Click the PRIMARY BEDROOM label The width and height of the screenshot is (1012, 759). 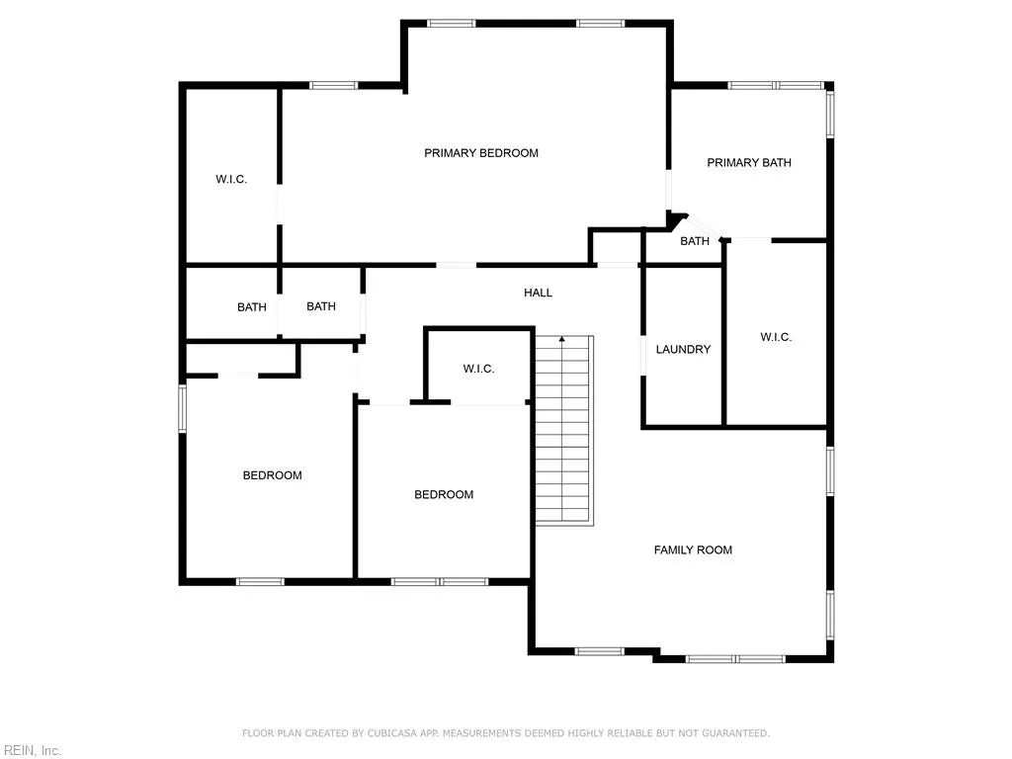point(481,153)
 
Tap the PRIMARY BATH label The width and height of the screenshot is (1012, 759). point(749,163)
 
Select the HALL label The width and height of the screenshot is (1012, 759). point(538,294)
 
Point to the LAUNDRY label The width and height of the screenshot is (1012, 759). point(683,350)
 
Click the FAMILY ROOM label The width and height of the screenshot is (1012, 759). point(693,550)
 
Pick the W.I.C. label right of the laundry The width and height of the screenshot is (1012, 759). point(776,338)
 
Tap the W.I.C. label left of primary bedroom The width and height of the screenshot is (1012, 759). point(231,180)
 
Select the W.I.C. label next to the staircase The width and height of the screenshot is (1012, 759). point(478,370)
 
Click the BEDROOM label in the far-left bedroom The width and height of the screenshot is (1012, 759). point(272,476)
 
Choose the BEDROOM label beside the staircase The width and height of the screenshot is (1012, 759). point(443,495)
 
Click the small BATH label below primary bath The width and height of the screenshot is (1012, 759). point(695,241)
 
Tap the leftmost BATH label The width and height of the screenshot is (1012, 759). point(252,307)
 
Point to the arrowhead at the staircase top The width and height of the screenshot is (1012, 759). point(562,340)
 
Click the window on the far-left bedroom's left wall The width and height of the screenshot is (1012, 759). point(183,408)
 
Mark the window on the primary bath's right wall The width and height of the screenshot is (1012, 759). point(830,114)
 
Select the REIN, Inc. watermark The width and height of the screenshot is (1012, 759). point(32,751)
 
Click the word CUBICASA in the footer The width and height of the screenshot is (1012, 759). point(390,733)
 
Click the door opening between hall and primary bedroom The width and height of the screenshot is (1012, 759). point(456,265)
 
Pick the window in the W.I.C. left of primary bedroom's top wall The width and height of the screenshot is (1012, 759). point(334,86)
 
